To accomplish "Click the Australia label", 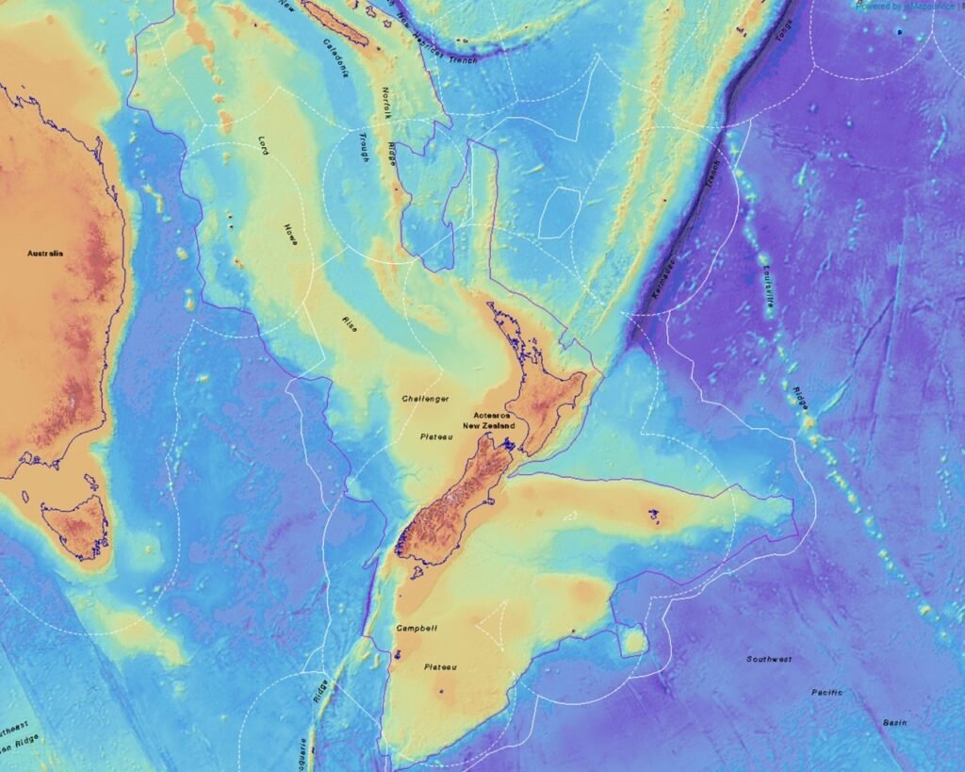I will click(x=45, y=254).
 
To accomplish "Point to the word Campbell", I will click(x=417, y=628).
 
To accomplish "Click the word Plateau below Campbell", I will click(x=440, y=667).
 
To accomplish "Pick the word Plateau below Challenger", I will click(x=436, y=436).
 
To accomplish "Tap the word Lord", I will click(x=265, y=144).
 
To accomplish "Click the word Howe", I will click(x=291, y=235).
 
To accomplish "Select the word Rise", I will click(x=349, y=323).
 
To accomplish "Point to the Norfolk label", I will click(x=385, y=102).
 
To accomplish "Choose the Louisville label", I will click(x=767, y=281).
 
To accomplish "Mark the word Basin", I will click(x=894, y=722).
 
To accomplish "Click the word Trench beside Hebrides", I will click(x=463, y=58).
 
